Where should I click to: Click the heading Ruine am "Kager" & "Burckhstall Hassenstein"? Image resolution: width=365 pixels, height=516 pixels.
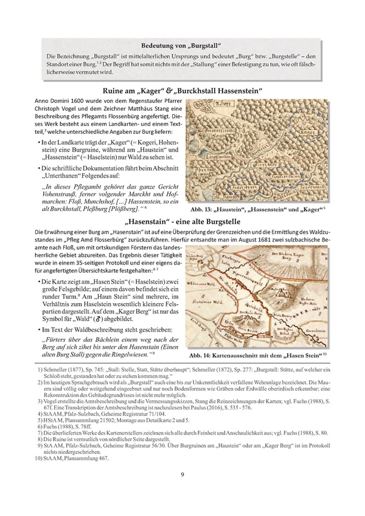pos(183,91)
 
